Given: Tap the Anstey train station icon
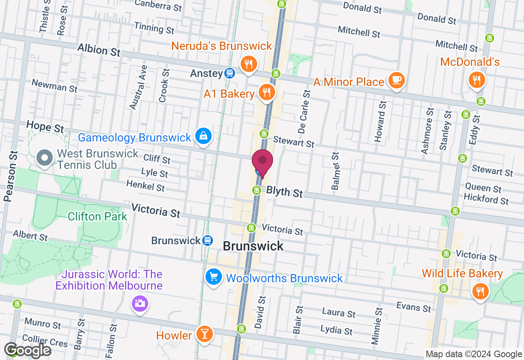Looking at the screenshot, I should (x=230, y=74).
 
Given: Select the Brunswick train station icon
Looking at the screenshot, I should (x=208, y=241).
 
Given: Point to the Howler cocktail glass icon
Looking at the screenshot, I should (x=204, y=334).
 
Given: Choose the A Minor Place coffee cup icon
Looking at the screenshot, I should (x=396, y=80).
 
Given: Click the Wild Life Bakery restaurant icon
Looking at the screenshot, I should (x=479, y=291).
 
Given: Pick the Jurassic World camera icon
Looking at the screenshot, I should (x=140, y=304).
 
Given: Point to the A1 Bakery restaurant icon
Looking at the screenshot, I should (x=267, y=92).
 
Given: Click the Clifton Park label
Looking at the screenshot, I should (x=98, y=216).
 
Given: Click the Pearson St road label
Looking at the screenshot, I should (x=11, y=176).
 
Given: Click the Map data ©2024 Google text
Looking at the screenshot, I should (x=474, y=354).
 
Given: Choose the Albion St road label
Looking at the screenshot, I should (x=99, y=50).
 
